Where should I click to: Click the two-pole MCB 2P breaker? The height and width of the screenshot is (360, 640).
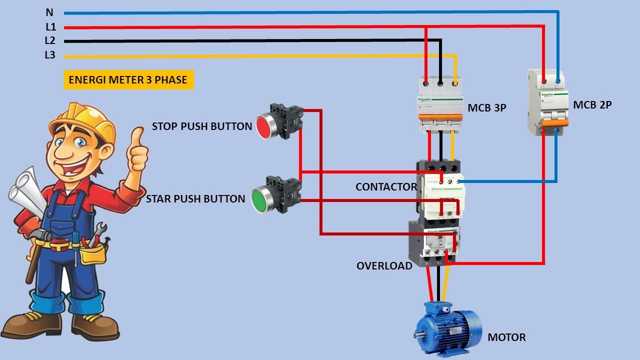click(x=548, y=102)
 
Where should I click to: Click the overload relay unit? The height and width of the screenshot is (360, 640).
click(x=434, y=242)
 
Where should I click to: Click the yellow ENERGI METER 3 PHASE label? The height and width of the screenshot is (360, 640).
click(x=128, y=79)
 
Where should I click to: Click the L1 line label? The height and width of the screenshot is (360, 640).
click(x=50, y=27)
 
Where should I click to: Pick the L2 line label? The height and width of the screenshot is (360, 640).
click(x=50, y=41)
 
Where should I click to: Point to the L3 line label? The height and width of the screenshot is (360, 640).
click(x=50, y=55)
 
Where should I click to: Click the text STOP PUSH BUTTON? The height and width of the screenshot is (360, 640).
click(x=202, y=126)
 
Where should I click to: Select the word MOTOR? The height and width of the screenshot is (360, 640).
click(x=506, y=337)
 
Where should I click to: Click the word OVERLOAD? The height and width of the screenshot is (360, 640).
click(x=384, y=266)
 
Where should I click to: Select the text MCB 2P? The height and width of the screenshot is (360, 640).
click(x=592, y=105)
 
